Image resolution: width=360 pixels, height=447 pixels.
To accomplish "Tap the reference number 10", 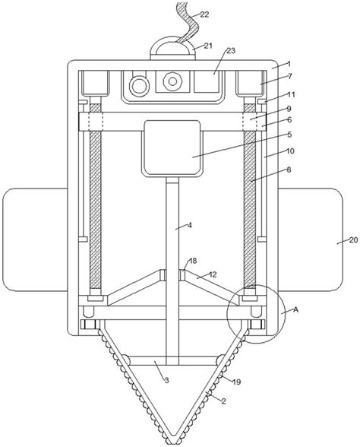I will pyautogui.click(x=290, y=152).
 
